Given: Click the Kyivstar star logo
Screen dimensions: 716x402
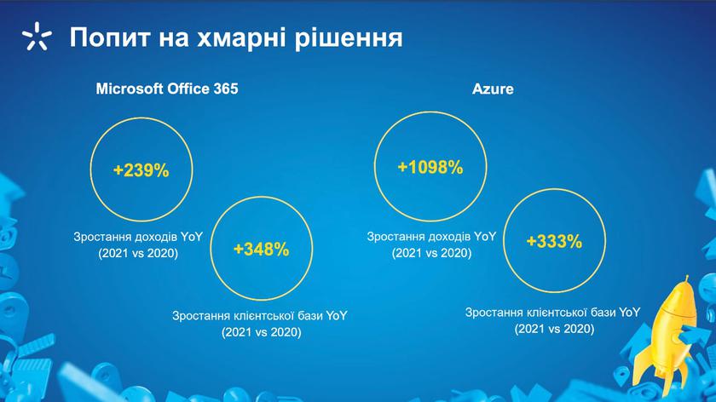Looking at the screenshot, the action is (37, 36).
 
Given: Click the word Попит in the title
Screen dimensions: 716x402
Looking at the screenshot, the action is (110, 37).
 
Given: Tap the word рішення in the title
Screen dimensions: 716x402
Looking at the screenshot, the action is (349, 37).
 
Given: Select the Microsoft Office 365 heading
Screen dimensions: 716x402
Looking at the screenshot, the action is (167, 89).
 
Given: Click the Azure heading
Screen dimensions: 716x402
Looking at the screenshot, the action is (493, 89).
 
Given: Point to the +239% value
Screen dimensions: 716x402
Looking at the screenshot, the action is (141, 170).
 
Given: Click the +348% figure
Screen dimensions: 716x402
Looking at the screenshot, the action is (261, 250).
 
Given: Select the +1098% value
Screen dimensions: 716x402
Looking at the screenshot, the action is (430, 168).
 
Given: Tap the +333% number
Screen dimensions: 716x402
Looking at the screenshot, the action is (554, 241).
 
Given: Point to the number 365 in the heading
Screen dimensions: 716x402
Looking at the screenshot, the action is (226, 89).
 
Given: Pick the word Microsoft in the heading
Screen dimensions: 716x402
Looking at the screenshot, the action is (130, 89).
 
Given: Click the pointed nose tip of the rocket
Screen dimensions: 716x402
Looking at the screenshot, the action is (686, 276).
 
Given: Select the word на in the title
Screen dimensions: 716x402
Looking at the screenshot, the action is (174, 39).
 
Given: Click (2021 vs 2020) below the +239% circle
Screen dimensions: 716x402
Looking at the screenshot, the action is (138, 253).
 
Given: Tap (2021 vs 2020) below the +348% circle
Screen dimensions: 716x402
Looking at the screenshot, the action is (261, 332).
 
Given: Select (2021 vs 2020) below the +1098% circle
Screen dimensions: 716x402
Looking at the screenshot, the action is (431, 253).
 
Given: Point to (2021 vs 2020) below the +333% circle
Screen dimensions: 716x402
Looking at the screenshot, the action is (554, 329).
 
